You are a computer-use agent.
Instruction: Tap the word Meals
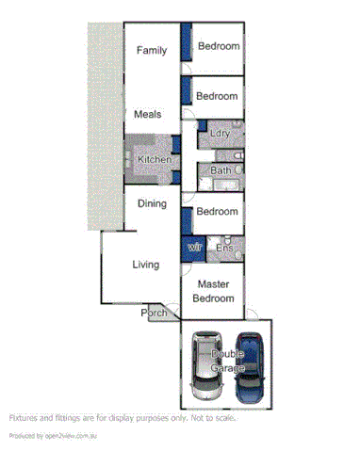147,114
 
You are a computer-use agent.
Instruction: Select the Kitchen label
155,160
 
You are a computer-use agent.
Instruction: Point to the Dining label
152,203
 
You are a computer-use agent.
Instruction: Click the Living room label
145,265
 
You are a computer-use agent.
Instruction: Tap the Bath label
221,170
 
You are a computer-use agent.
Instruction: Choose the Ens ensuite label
225,248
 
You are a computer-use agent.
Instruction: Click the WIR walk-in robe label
195,248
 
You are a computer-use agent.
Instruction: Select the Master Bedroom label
213,290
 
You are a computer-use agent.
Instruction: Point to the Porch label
154,313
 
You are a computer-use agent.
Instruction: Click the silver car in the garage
205,365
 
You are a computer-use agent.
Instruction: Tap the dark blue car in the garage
252,365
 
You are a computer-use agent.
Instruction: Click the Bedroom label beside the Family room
218,46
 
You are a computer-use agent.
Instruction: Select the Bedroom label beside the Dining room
218,211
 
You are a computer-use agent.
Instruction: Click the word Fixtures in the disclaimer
25,417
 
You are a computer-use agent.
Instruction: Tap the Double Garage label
228,361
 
